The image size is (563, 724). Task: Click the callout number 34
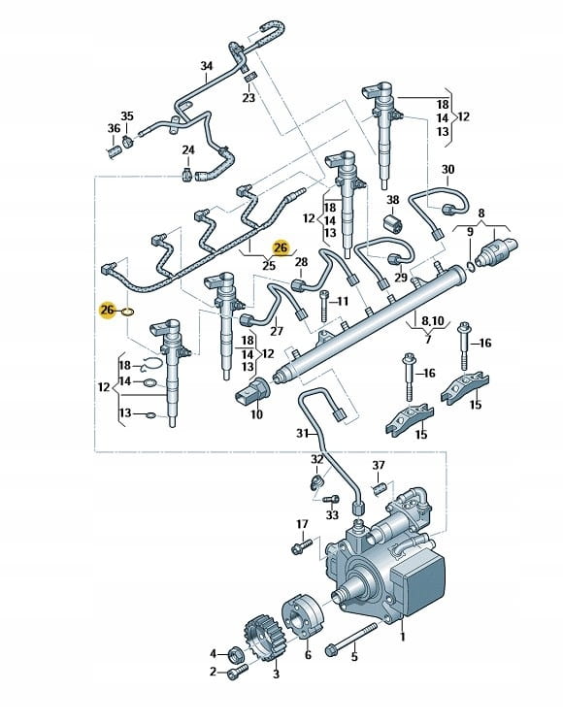[207, 66]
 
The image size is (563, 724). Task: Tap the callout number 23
[248, 98]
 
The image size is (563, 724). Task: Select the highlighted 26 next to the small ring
[107, 311]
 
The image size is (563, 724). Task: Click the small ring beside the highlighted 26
[128, 312]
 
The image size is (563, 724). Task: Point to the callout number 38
[392, 200]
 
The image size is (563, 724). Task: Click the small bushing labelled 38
[393, 223]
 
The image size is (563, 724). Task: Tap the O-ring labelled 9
[470, 266]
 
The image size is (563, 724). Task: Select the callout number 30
[448, 170]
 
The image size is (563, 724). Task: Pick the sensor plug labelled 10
[252, 390]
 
